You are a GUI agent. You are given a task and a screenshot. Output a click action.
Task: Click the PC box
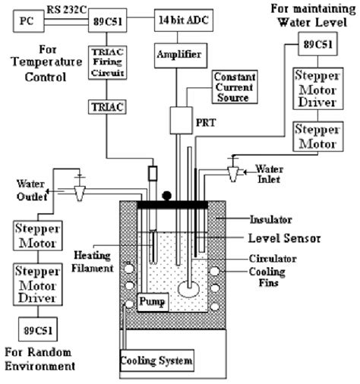click(x=29, y=21)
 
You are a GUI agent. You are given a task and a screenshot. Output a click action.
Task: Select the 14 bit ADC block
click(x=184, y=20)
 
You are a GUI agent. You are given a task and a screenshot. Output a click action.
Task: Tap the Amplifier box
click(x=181, y=55)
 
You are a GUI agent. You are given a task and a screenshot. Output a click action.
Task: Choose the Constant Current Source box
click(x=235, y=87)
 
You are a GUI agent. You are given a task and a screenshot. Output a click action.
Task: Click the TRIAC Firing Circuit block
click(x=108, y=62)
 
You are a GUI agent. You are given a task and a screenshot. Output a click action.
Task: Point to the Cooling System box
click(x=157, y=360)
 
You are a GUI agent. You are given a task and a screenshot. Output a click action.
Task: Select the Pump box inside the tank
click(x=153, y=302)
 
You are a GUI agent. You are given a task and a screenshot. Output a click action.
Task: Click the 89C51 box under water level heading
click(x=317, y=44)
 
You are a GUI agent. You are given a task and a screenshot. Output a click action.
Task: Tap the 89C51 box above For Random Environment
click(x=38, y=329)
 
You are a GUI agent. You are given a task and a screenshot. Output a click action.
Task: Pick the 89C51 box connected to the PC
click(x=108, y=20)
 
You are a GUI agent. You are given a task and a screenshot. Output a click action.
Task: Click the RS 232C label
click(x=67, y=10)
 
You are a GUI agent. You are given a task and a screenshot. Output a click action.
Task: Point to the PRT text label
click(x=206, y=123)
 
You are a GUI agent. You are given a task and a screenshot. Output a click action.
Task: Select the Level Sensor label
click(x=284, y=238)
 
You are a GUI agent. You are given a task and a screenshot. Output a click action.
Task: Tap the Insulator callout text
click(x=271, y=219)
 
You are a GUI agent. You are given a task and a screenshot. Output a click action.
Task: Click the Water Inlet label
click(x=269, y=174)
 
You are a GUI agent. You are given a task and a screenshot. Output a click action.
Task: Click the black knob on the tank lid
click(x=167, y=196)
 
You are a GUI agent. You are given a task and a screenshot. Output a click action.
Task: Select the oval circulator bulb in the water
click(x=188, y=289)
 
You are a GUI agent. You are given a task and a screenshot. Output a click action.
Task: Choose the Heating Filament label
click(x=93, y=262)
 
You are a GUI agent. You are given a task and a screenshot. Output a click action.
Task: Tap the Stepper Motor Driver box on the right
click(x=318, y=89)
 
